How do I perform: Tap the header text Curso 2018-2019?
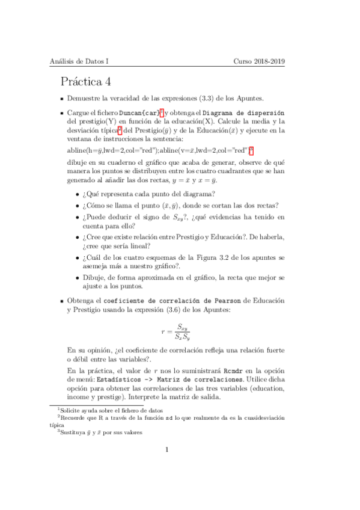tap(259, 61)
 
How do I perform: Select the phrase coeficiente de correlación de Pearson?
tap(159, 300)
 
